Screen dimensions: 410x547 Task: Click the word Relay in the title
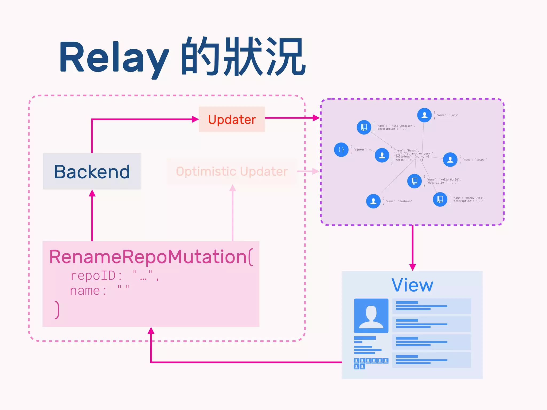click(114, 57)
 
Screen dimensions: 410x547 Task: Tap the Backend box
click(92, 171)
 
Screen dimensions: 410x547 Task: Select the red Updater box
click(232, 119)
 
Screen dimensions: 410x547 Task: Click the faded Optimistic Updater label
click(232, 171)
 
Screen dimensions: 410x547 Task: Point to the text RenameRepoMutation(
click(151, 257)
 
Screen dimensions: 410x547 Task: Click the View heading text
click(412, 285)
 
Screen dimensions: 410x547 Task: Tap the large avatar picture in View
click(371, 316)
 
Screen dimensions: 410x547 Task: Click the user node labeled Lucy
click(424, 115)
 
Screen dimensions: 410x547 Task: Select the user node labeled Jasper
click(450, 160)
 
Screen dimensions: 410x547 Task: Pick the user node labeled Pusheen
click(373, 201)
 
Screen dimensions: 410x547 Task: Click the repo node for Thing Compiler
click(364, 127)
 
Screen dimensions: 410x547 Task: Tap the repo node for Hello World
click(414, 181)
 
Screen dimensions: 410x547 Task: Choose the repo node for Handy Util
click(440, 199)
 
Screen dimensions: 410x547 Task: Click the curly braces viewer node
click(341, 150)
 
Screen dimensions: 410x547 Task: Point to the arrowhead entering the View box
click(412, 267)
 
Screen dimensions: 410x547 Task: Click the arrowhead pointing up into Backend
click(92, 193)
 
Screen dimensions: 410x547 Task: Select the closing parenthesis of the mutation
click(57, 310)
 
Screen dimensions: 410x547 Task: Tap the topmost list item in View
click(431, 306)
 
